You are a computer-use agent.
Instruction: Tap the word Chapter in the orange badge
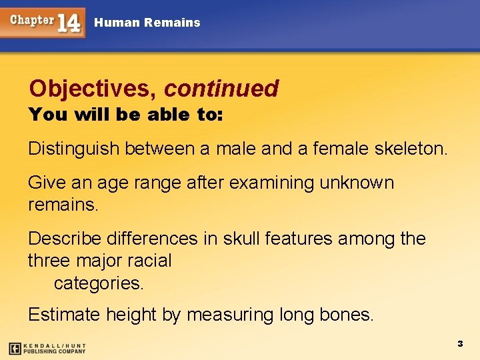[31, 20]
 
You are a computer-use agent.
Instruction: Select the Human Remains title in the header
[147, 23]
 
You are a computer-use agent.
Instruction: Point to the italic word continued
[221, 88]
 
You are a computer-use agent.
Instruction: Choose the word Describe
[65, 239]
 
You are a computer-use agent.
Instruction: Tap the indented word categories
[98, 283]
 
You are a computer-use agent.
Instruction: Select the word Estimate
[64, 314]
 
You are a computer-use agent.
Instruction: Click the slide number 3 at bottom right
[459, 343]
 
